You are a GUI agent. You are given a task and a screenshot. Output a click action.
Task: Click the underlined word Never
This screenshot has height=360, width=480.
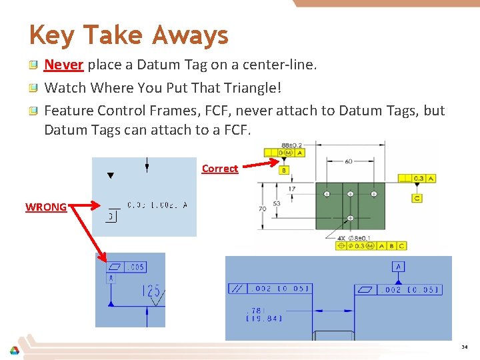[x=63, y=65]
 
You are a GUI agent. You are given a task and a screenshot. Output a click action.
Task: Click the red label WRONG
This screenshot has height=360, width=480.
[x=45, y=207]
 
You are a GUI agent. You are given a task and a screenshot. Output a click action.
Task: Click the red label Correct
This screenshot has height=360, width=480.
[x=219, y=169]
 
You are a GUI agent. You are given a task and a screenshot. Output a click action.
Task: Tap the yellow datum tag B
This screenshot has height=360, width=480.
[x=283, y=170]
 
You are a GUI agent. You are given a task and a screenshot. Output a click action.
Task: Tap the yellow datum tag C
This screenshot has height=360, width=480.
[x=417, y=198]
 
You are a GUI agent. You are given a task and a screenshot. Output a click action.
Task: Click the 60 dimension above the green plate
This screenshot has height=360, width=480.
[x=349, y=161]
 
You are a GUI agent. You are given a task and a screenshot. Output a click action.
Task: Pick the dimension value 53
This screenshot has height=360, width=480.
[x=275, y=203]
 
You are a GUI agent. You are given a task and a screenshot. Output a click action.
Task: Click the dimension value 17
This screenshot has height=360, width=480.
[x=292, y=189]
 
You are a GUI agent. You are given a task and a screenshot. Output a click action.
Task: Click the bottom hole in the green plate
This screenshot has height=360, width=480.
[x=351, y=219]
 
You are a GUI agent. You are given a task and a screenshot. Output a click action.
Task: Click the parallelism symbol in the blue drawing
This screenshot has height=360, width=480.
[x=237, y=289]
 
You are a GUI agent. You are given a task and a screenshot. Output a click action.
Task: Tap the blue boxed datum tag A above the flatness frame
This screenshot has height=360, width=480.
[x=399, y=267]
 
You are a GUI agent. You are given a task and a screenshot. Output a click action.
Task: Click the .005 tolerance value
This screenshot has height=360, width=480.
[x=135, y=267]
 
